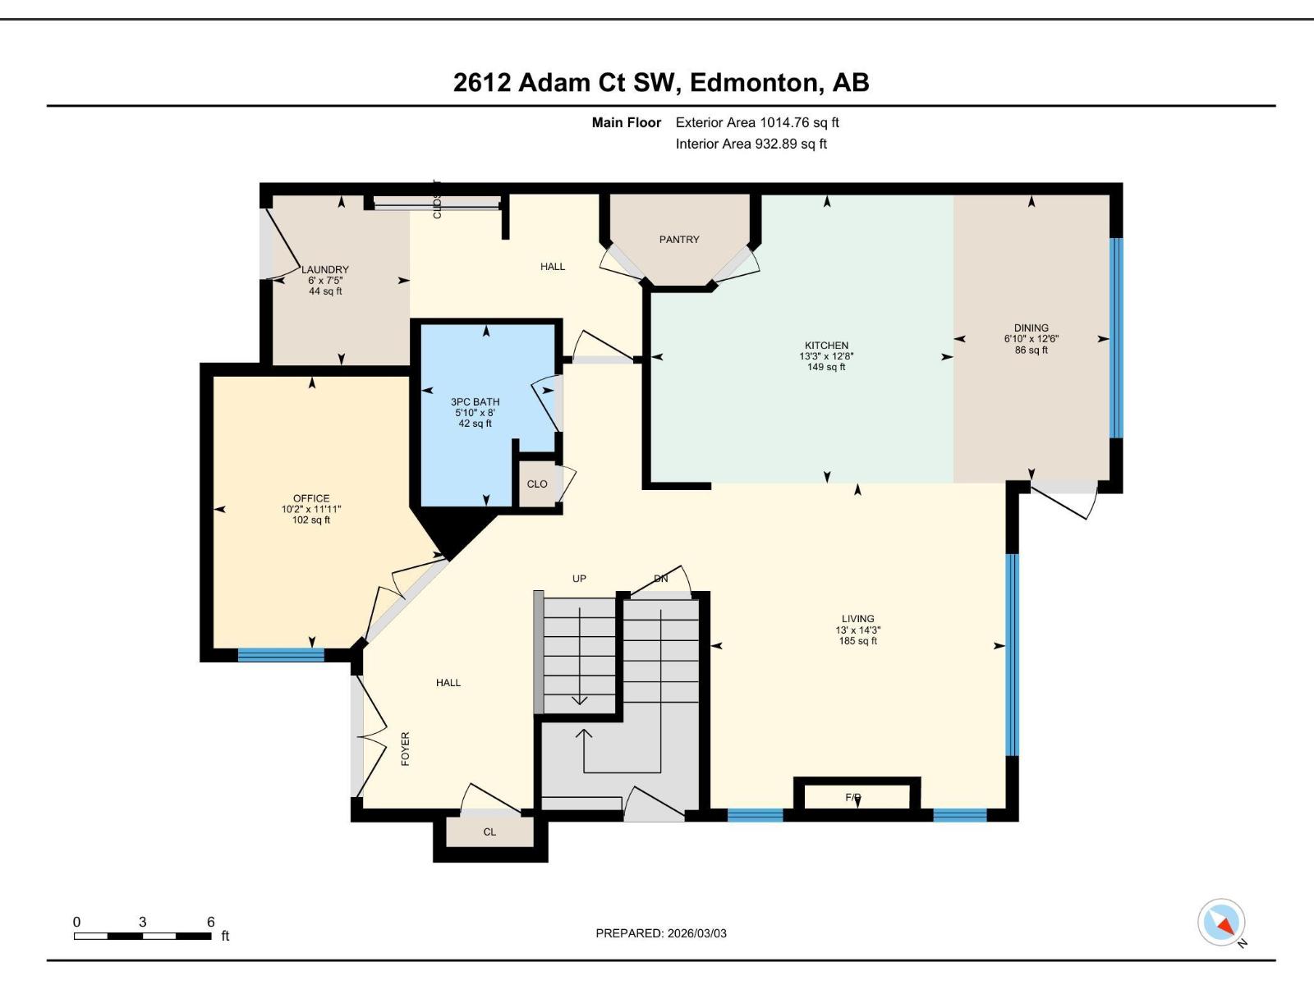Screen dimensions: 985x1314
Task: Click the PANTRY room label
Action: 679,240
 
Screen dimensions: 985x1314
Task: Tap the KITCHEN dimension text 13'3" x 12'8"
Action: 826,356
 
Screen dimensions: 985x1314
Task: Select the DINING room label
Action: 1031,328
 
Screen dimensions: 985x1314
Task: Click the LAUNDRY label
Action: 325,269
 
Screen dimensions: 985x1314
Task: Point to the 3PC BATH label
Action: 475,402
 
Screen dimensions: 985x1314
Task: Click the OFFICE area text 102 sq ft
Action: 311,520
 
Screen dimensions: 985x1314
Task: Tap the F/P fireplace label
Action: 853,798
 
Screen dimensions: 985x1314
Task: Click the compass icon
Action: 1222,923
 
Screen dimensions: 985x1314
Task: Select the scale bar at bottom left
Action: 142,936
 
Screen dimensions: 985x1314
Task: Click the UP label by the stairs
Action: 579,579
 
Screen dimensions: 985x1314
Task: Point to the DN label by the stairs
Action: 661,579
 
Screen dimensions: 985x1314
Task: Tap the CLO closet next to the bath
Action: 537,484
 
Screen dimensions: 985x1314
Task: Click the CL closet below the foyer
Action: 489,832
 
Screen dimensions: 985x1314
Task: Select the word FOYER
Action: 405,749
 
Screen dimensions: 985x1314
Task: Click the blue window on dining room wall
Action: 1115,338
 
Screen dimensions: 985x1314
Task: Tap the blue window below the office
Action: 281,655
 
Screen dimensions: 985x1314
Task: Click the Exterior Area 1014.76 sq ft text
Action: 757,123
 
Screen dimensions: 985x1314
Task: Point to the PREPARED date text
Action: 661,933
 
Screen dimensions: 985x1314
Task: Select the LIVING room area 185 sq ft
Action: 858,641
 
